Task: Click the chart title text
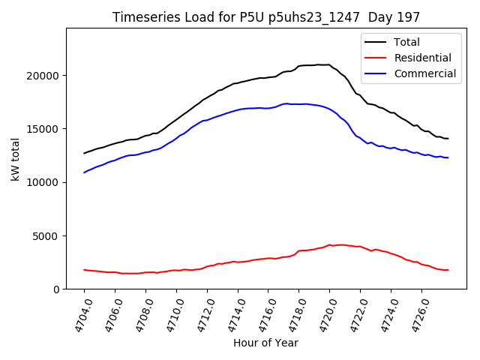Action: [266, 17]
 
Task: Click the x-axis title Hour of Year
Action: [265, 343]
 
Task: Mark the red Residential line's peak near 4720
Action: [329, 244]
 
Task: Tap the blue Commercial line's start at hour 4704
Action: [85, 172]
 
